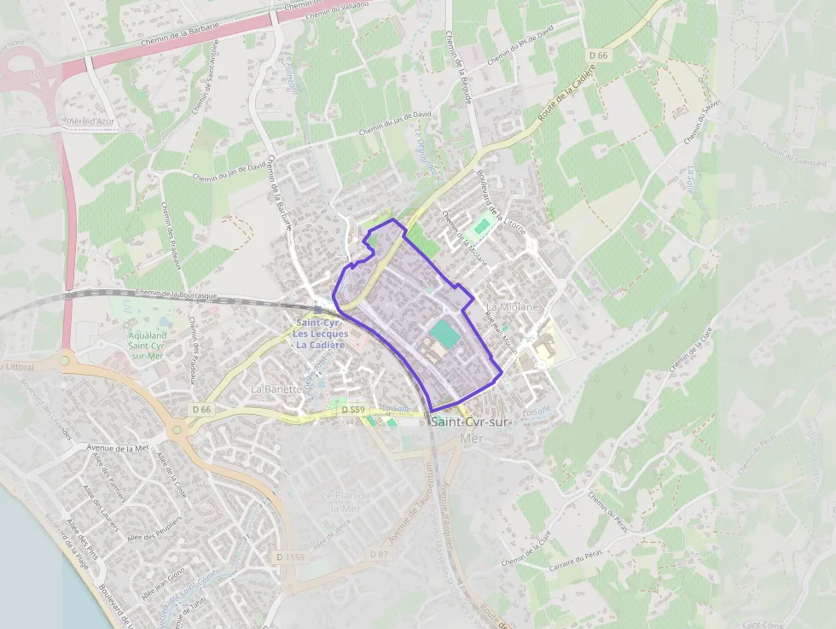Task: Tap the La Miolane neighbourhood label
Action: point(513,306)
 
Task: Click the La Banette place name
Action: point(276,388)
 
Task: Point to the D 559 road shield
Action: point(353,410)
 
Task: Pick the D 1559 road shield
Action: point(291,556)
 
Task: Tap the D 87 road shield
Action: point(380,555)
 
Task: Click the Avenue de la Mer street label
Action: point(118,447)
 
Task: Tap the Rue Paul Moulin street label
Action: point(502,329)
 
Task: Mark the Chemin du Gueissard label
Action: point(794,155)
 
